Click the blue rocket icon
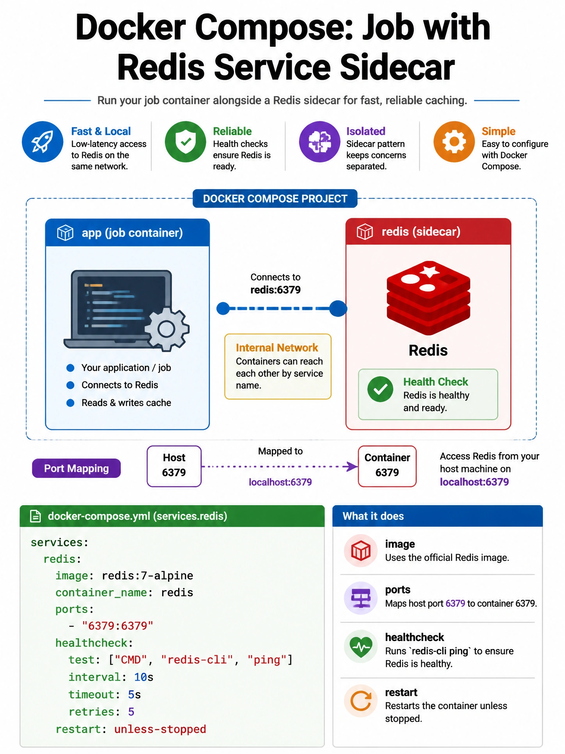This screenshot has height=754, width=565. click(x=42, y=142)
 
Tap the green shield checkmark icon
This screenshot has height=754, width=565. click(x=185, y=142)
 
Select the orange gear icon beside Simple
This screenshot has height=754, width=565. click(x=454, y=142)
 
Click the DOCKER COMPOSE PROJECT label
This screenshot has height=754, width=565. click(x=275, y=199)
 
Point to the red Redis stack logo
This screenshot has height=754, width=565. click(x=428, y=298)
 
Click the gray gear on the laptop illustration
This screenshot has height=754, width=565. click(x=167, y=329)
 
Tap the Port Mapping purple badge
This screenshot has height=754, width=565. click(x=77, y=468)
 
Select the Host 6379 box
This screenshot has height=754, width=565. click(x=174, y=466)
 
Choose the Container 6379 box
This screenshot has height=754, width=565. click(x=387, y=466)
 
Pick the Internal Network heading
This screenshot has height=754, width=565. click(x=277, y=348)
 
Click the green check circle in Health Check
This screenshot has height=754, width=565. click(x=380, y=389)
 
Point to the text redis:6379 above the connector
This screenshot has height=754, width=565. click(x=276, y=290)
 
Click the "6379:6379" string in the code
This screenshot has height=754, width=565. click(x=118, y=626)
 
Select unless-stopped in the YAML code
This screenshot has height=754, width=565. click(x=160, y=729)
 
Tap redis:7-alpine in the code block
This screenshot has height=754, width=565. click(x=148, y=575)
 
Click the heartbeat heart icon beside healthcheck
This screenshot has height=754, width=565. click(x=361, y=646)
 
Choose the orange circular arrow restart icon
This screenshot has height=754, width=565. click(x=361, y=701)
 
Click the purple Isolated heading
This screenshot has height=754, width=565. click(x=366, y=131)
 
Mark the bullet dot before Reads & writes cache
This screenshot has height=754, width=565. click(x=70, y=403)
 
